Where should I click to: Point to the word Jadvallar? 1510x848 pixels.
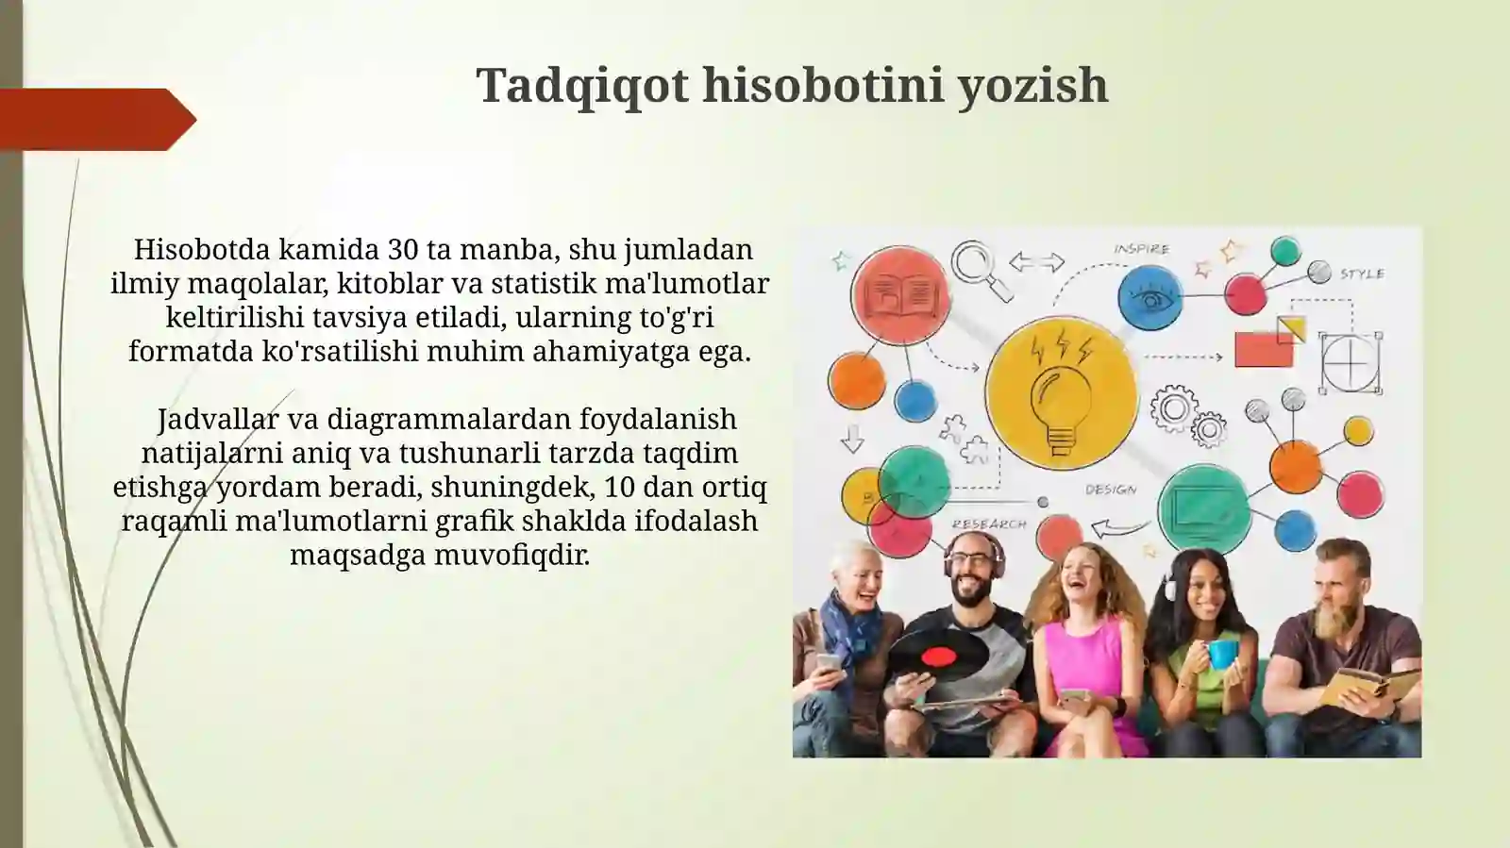click(x=217, y=419)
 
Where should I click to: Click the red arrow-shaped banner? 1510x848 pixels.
click(x=94, y=120)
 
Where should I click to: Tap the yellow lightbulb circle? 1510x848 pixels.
click(x=1061, y=392)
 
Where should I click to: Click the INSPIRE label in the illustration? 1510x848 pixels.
click(x=1141, y=249)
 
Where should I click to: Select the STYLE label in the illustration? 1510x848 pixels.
click(x=1362, y=274)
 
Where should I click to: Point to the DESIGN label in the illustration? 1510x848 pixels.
click(x=1111, y=490)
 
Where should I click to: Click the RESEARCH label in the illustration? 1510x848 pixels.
click(x=988, y=524)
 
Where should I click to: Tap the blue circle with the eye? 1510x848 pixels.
click(x=1150, y=298)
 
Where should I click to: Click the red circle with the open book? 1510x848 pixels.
click(x=899, y=294)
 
